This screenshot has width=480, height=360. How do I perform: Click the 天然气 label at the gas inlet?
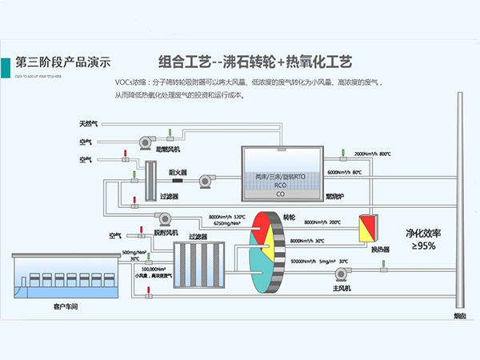click(x=87, y=125)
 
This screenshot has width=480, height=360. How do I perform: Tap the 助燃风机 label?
click(x=167, y=149)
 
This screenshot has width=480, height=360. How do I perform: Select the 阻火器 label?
click(x=178, y=172)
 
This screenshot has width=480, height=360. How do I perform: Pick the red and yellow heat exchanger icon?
click(x=369, y=227)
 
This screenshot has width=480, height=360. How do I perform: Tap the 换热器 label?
click(x=379, y=249)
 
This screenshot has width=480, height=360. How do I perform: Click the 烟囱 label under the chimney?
click(x=459, y=316)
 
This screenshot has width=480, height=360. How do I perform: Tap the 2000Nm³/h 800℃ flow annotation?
click(x=372, y=154)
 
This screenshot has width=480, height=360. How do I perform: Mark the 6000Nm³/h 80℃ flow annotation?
click(x=345, y=172)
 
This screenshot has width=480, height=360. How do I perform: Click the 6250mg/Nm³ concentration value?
click(x=226, y=223)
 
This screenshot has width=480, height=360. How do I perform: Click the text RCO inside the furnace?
click(x=280, y=184)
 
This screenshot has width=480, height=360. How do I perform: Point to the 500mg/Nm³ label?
click(x=134, y=253)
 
